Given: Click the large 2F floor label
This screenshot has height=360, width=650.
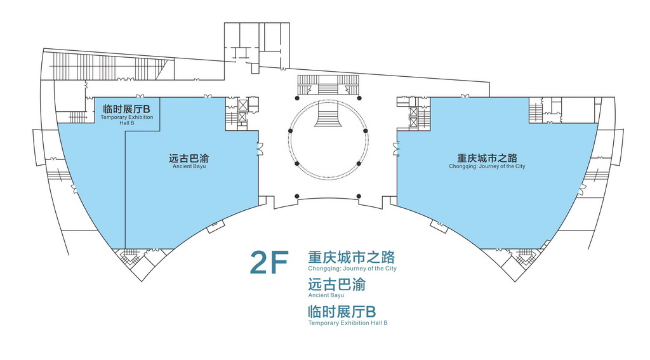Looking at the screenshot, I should [269, 262].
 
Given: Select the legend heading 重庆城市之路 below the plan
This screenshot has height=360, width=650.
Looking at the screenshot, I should [351, 257].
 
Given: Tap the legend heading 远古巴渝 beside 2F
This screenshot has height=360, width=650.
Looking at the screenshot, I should [336, 284].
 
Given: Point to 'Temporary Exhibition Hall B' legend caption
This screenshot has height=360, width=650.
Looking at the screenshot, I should [347, 323].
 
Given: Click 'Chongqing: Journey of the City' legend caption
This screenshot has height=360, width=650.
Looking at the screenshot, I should [352, 269].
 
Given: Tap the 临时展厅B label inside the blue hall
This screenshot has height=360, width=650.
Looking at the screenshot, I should [126, 109].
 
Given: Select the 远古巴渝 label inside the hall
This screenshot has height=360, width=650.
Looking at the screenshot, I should [189, 159].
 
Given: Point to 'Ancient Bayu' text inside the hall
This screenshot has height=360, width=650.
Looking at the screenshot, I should [189, 167].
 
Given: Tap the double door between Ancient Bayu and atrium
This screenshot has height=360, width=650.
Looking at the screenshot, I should [260, 149].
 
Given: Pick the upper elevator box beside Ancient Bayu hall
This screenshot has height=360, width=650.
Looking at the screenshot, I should [242, 104].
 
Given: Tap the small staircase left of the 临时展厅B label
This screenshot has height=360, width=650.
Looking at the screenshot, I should [77, 117].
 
